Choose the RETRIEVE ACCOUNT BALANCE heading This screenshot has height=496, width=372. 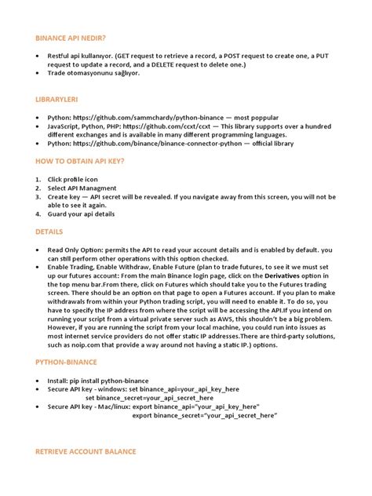click(x=86, y=451)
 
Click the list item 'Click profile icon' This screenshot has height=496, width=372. click(x=75, y=179)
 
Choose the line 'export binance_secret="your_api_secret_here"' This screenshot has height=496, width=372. click(x=205, y=416)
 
